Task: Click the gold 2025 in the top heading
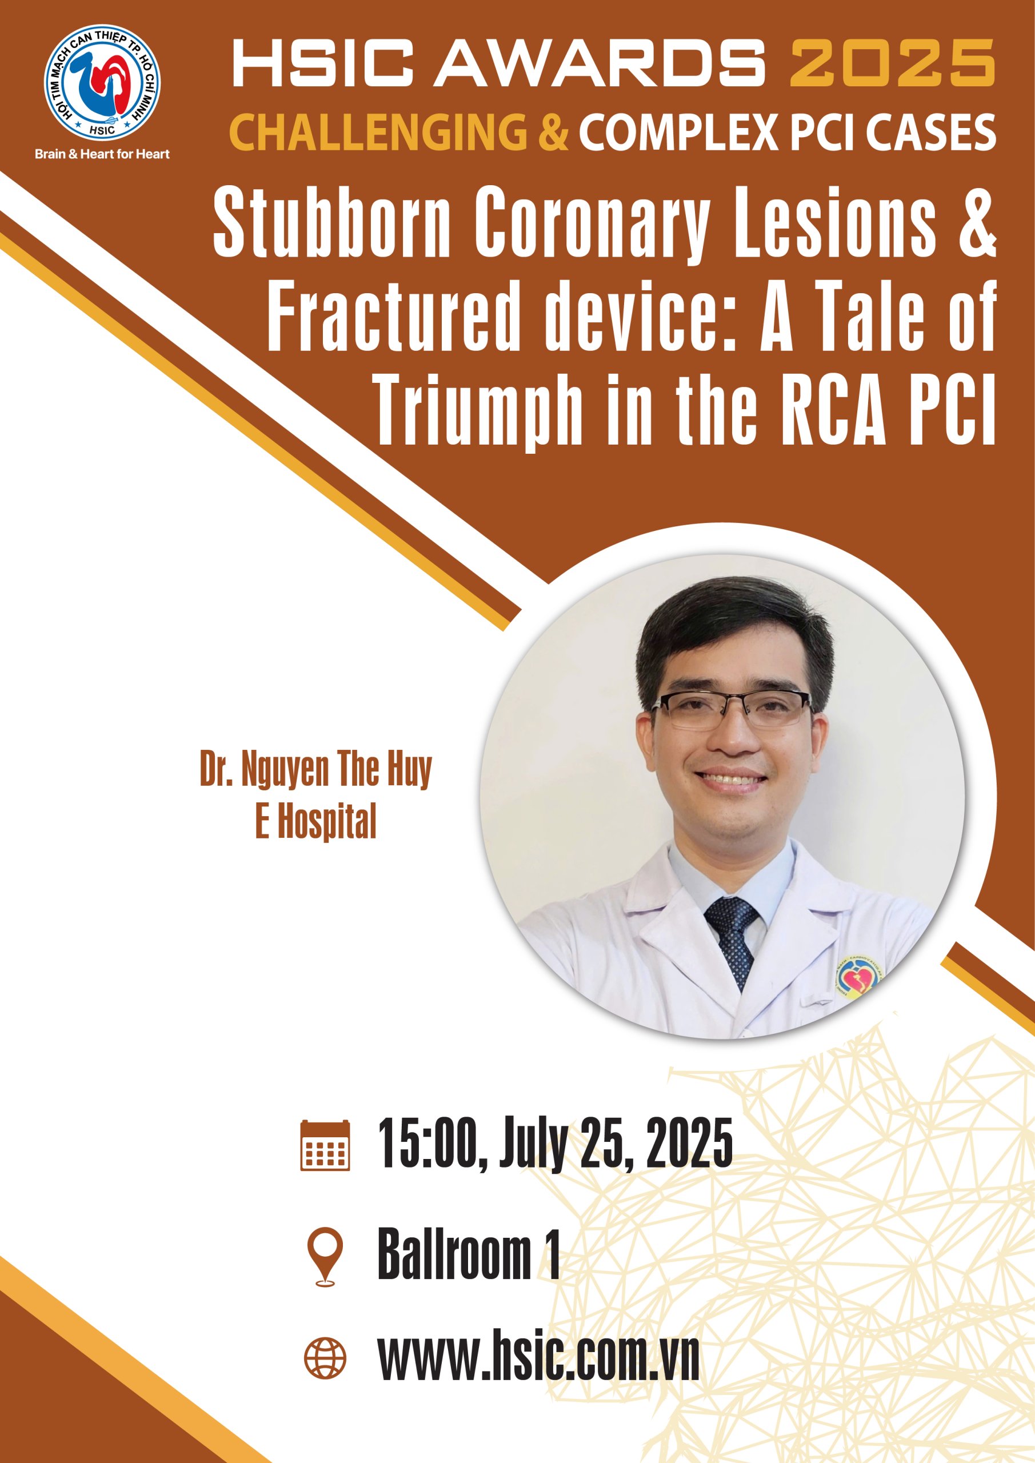click(892, 62)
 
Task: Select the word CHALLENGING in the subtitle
click(378, 132)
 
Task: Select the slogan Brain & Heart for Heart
click(102, 154)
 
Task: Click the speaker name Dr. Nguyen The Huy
click(316, 769)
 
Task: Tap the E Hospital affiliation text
click(316, 821)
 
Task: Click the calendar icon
click(325, 1145)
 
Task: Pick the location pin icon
click(325, 1257)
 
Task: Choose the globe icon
click(325, 1358)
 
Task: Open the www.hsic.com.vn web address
click(538, 1358)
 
